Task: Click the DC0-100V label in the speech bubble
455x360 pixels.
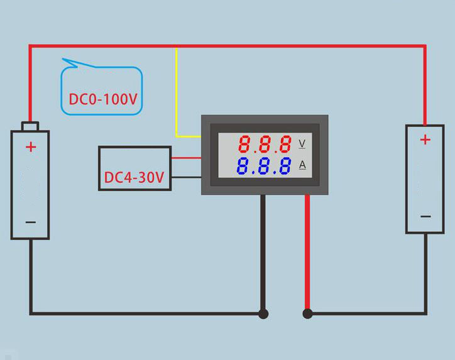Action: coord(103,99)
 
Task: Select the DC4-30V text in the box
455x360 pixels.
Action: coord(134,177)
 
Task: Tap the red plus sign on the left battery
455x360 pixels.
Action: coord(31,147)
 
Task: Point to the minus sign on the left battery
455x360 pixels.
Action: coord(31,222)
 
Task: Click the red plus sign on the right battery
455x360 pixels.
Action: coord(425,140)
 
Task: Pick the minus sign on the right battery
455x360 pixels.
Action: coord(425,216)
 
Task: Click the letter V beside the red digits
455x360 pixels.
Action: coord(302,143)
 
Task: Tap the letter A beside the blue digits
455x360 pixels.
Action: coord(302,165)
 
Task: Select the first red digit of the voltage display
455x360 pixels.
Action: coord(244,144)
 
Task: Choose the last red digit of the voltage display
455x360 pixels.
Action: coord(285,144)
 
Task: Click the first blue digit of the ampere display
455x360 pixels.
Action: coord(243,166)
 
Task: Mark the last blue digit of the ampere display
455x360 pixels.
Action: coord(285,166)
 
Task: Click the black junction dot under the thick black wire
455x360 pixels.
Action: coord(263,314)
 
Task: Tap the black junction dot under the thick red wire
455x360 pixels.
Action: coord(307,314)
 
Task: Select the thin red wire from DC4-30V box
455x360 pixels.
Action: coord(186,158)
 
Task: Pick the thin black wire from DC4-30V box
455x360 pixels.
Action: coord(186,177)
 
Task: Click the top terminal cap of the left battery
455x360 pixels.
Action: coord(30,126)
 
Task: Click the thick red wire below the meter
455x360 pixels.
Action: coord(307,253)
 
